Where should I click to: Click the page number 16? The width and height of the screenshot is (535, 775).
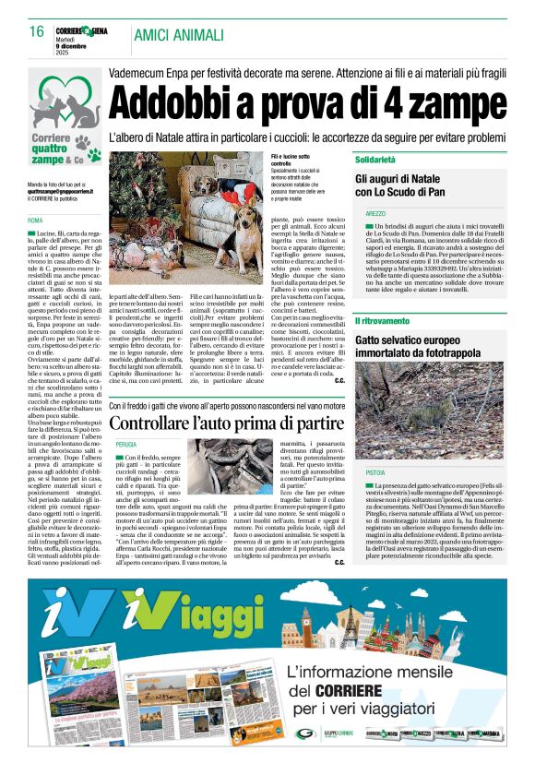click(x=36, y=31)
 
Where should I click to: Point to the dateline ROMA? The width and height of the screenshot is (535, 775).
click(x=35, y=221)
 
